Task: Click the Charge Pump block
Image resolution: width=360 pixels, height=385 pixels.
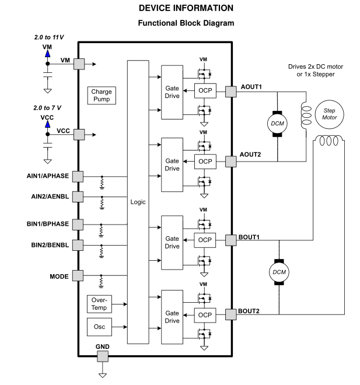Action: click(x=102, y=96)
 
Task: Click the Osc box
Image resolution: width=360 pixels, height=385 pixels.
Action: click(x=98, y=326)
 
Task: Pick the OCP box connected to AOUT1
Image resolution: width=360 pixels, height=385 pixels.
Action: click(x=205, y=91)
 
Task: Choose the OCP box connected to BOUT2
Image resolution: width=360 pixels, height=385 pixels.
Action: click(x=205, y=314)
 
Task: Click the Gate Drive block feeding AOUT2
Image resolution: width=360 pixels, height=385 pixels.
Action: click(x=172, y=164)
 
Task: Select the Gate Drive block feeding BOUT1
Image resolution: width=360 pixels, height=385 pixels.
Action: click(x=172, y=242)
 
